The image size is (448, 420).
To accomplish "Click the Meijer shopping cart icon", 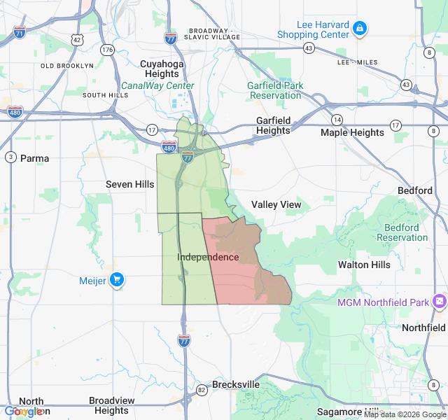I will coord(116,280).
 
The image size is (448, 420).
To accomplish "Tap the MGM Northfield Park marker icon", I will coord(439,302).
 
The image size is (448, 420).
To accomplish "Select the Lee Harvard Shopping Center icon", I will coord(359,29).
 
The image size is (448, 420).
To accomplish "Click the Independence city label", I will coord(208,257).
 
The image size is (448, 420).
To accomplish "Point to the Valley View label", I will coord(276,204).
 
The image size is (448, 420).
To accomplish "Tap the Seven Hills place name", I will coord(129,184).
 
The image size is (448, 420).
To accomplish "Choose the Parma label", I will coord(34,158).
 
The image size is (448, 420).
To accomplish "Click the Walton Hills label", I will coord(364,265).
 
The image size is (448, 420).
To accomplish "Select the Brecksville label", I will coord(236,384).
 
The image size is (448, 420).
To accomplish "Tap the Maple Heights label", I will coord(352,132).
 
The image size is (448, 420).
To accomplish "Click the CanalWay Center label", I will coord(157,85).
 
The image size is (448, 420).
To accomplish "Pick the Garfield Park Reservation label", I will coord(276,90).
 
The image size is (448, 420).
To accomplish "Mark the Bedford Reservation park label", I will coord(402,232).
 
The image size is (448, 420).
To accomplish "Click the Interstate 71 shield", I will coord(20,33).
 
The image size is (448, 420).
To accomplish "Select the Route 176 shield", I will coord(107,50).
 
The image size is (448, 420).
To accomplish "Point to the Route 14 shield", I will coord(337,120).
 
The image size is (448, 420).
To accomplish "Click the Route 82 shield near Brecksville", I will coord(202,389).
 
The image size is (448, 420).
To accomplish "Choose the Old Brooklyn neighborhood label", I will coord(66,65).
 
